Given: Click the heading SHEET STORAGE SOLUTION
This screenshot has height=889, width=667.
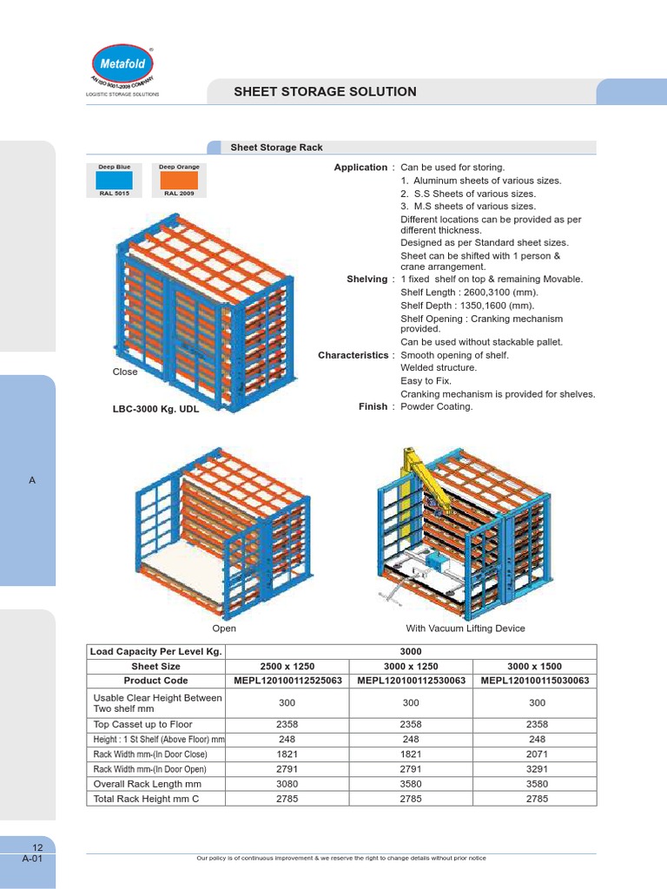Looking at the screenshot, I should point(326,91).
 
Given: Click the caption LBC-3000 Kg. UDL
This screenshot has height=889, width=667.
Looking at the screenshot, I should point(156,409).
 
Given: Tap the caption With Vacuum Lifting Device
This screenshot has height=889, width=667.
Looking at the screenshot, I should point(466,629).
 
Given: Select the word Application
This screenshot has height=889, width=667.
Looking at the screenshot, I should point(360,168).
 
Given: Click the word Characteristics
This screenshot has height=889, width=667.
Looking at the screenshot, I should point(354,355).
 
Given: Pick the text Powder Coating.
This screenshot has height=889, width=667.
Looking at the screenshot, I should point(437,406).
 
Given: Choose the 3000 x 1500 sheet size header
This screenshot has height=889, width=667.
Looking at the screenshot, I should point(534,666).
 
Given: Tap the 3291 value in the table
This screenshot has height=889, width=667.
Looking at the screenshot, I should point(537,769).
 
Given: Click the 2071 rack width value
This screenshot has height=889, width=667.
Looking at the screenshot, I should point(537,754).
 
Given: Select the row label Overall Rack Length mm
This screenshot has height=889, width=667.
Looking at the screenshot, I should point(147,784).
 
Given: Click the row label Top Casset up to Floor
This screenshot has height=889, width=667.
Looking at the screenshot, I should point(143,724).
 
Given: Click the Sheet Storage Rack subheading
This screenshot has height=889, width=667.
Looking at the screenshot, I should point(276,148).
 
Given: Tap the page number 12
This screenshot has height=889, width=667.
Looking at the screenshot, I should point(37,847).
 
